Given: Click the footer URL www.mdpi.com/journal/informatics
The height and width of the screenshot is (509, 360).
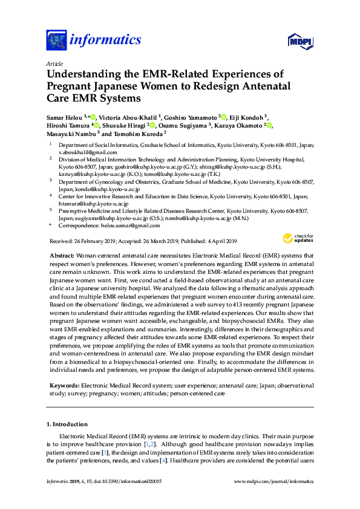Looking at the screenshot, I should point(273,481).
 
